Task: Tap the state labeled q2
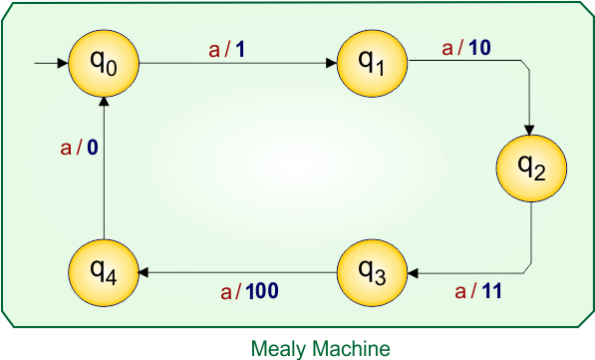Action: tap(531, 169)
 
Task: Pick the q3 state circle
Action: tap(371, 270)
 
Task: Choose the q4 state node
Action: tap(105, 270)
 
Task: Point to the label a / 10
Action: tap(466, 48)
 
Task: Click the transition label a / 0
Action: tap(80, 149)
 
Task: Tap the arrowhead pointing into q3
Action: tap(412, 270)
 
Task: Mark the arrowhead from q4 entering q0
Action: tap(105, 103)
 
